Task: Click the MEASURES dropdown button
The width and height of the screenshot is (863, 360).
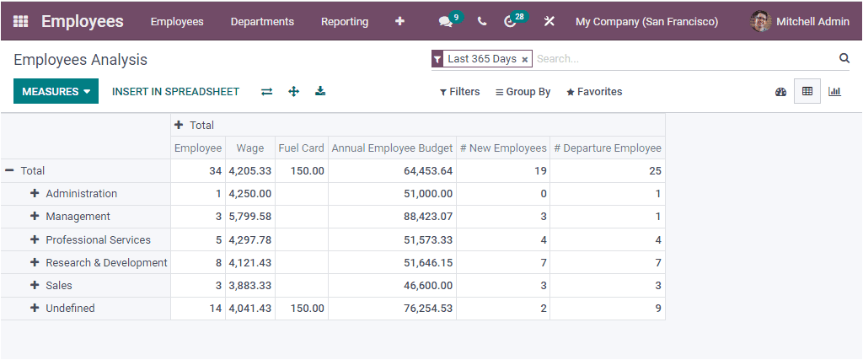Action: pos(56,92)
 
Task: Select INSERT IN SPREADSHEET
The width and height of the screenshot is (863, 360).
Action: pos(175,92)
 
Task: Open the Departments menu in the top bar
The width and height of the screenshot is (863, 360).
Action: pos(262,22)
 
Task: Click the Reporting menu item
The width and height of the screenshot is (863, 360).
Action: pos(345,22)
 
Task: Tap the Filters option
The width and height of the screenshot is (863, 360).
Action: pos(459,92)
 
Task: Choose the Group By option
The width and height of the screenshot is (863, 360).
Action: pos(523,92)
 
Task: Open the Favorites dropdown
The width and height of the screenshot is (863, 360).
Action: pos(594,92)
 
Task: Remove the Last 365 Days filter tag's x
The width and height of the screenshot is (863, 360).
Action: pos(525,60)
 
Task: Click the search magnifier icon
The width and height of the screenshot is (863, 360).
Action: pos(844,58)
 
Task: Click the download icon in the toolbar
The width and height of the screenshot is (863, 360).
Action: pos(320,91)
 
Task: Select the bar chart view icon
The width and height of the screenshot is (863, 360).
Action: pos(834,91)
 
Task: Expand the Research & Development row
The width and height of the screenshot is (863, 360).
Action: pos(35,262)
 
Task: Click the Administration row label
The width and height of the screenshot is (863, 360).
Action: pos(81,193)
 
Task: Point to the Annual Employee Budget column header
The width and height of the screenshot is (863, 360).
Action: pos(392,148)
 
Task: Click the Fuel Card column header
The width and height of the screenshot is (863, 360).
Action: pos(301,148)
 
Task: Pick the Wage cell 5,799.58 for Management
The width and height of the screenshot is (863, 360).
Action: pos(250,217)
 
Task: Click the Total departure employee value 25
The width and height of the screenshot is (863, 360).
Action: pos(655,170)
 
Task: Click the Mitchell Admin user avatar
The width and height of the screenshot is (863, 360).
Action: pos(761,22)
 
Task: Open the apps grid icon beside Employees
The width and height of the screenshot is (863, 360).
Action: pos(21,22)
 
